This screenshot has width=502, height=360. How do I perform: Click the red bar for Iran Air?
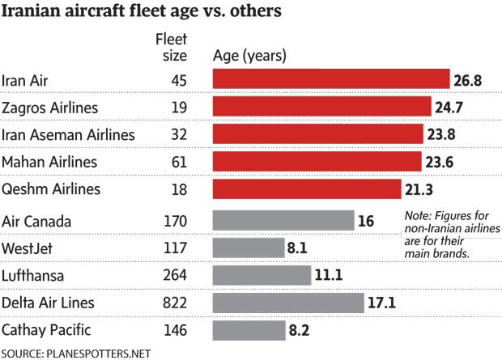click(x=330, y=79)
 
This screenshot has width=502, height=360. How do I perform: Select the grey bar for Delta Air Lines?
click(x=287, y=303)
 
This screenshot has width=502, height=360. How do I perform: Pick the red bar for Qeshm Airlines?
click(x=306, y=188)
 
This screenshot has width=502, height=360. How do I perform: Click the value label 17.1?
click(x=385, y=303)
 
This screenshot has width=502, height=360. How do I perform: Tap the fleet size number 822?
click(x=176, y=303)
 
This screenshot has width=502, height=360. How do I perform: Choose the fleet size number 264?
click(x=176, y=275)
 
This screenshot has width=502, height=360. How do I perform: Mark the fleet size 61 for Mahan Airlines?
click(x=179, y=162)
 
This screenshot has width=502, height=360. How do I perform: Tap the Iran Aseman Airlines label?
click(x=68, y=134)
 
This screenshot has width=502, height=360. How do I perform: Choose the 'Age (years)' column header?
click(x=249, y=56)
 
